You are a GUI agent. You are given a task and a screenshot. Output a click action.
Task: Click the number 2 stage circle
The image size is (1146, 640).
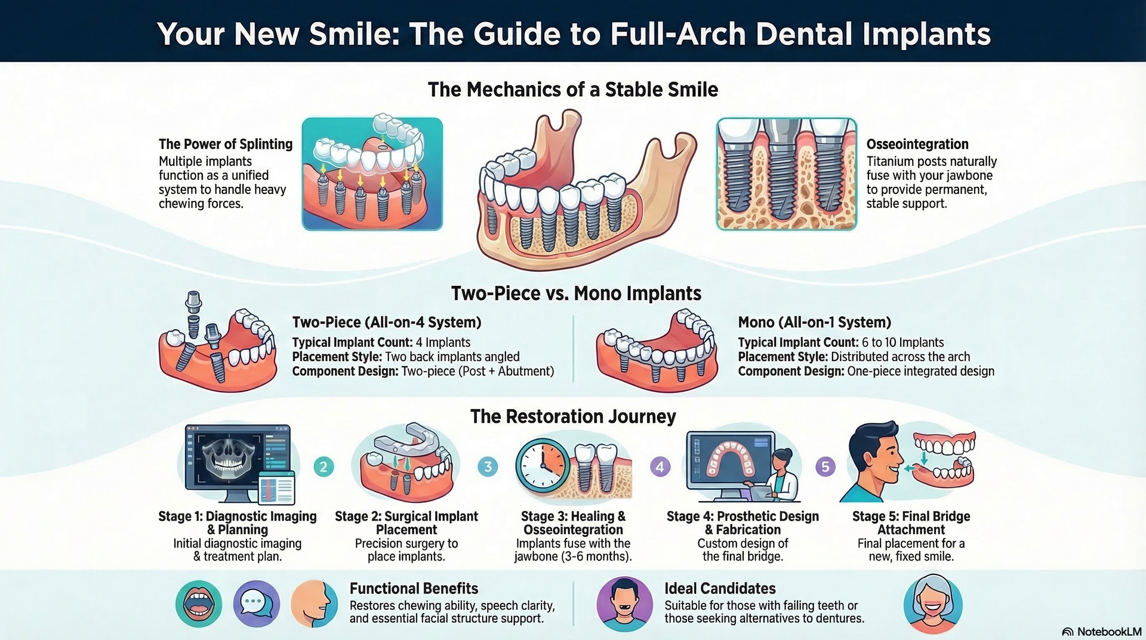click(x=324, y=466)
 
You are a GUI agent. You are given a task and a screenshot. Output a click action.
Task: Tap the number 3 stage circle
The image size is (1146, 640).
click(x=488, y=466)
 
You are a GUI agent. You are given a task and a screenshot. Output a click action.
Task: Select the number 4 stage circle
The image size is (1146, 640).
click(x=660, y=466)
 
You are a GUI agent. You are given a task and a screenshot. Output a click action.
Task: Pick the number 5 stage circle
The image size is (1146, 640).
click(x=825, y=466)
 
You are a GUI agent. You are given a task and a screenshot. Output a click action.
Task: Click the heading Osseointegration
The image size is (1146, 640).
click(x=917, y=144)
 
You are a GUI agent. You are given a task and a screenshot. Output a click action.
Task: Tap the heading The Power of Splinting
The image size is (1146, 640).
click(x=226, y=144)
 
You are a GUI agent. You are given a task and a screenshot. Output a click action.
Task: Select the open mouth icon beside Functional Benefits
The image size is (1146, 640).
click(x=198, y=604)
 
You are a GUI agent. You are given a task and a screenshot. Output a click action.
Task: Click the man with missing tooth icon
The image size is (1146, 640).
click(x=624, y=604)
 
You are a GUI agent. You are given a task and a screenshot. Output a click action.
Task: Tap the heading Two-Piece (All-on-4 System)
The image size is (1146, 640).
click(x=386, y=322)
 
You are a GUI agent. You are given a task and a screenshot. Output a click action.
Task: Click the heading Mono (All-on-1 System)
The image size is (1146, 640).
click(x=814, y=322)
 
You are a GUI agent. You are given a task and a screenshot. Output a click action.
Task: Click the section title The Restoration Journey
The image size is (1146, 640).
click(x=572, y=416)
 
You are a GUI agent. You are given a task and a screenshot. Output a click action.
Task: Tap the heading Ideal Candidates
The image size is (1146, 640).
click(x=720, y=588)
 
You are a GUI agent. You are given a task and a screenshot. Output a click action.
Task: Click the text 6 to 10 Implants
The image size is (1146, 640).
click(x=902, y=342)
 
